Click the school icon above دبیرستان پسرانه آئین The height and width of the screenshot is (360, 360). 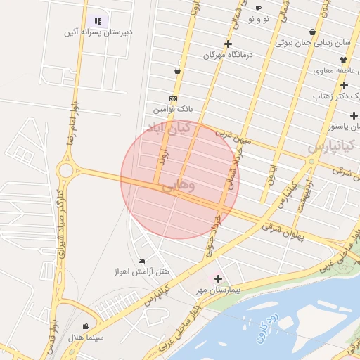coord(98,21)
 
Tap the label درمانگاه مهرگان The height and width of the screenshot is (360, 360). coord(227,54)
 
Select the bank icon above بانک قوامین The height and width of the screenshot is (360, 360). coord(174,98)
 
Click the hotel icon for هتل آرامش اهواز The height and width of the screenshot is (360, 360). coord(142,261)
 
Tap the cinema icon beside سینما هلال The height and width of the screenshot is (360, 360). coord(86,326)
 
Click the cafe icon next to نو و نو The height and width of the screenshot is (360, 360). coord(258,8)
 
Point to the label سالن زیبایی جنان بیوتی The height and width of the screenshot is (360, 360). coord(314,42)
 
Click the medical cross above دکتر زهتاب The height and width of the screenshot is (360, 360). coord(344,85)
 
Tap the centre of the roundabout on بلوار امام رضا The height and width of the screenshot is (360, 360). coord(68,170)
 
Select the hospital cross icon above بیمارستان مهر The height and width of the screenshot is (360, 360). coord(218,278)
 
